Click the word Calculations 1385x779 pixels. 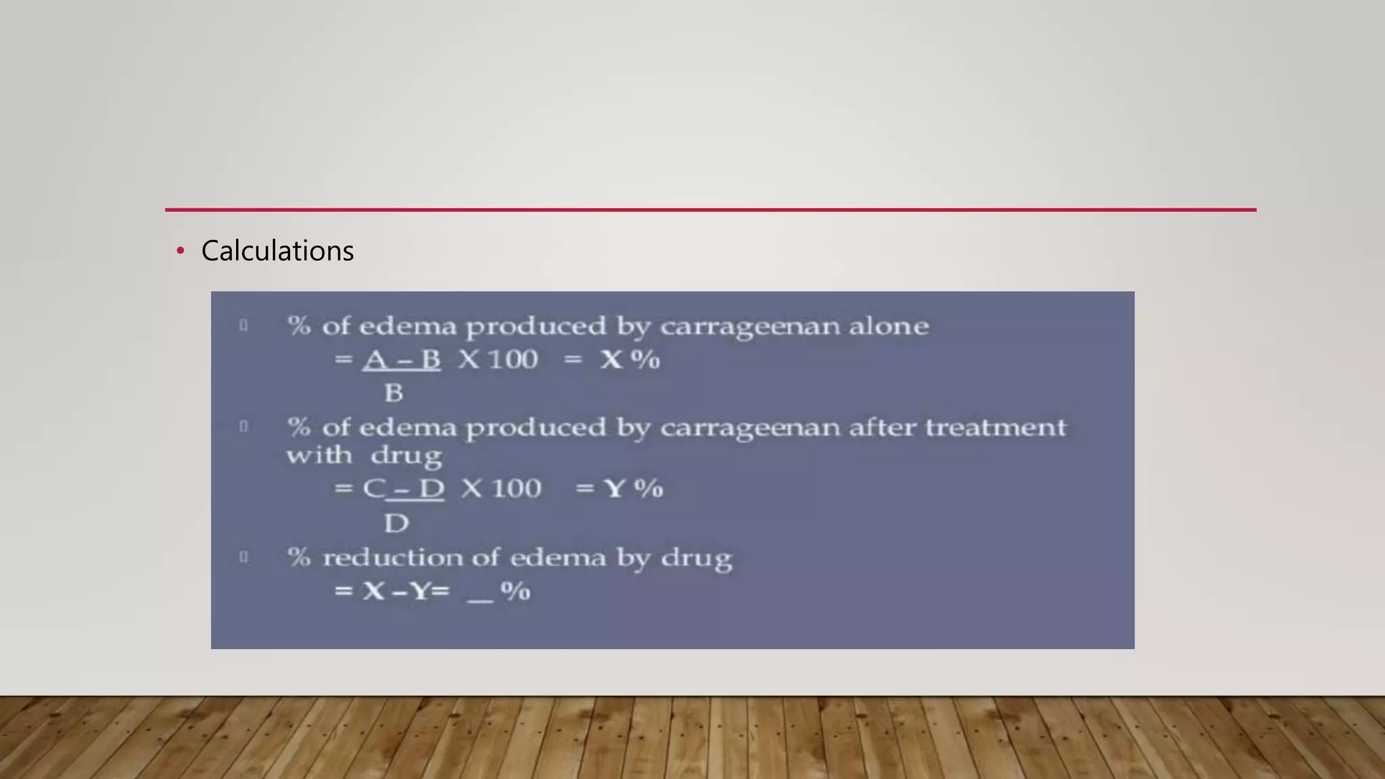click(277, 251)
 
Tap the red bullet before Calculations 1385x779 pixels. click(180, 251)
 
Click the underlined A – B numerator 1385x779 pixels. click(402, 359)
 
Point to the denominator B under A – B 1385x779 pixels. click(394, 393)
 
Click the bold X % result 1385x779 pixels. click(630, 359)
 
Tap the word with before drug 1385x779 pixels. click(319, 455)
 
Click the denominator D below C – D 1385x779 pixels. click(396, 523)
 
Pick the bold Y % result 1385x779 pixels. click(634, 488)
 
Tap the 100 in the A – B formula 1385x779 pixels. click(513, 359)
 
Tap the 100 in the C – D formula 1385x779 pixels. click(516, 488)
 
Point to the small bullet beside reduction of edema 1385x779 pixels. click(243, 557)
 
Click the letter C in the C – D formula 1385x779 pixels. click(373, 488)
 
